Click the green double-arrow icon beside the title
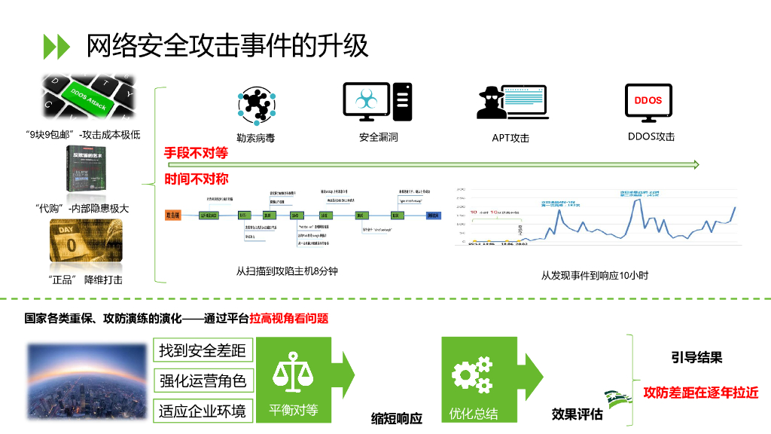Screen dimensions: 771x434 pyautogui.click(x=56, y=47)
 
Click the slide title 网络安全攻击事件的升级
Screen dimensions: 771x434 pyautogui.click(x=227, y=46)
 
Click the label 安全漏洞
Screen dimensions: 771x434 pyautogui.click(x=378, y=137)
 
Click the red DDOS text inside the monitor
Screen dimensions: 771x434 pyautogui.click(x=648, y=100)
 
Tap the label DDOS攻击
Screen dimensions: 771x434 pyautogui.click(x=651, y=136)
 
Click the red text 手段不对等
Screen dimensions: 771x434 pyautogui.click(x=196, y=154)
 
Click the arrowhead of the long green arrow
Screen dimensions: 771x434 pyautogui.click(x=696, y=164)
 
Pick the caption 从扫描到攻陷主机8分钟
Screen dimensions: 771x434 pyautogui.click(x=287, y=270)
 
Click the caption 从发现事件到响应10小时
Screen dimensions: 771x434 pyautogui.click(x=594, y=275)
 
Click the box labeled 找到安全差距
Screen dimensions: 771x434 pyautogui.click(x=203, y=350)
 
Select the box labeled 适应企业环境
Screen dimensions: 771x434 pyautogui.click(x=203, y=411)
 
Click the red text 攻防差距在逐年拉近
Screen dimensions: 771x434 pyautogui.click(x=700, y=393)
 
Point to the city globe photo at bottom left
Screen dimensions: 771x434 pyautogui.click(x=87, y=380)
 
